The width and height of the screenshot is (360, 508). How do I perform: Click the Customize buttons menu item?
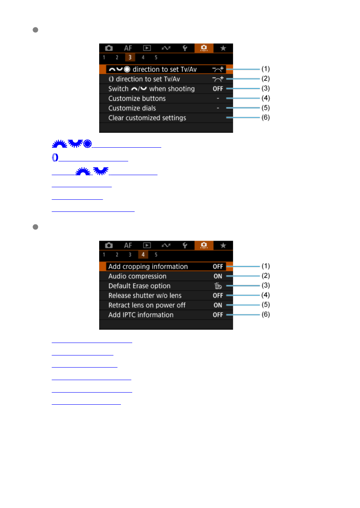tap(137, 98)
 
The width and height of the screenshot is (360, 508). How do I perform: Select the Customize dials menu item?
tap(132, 108)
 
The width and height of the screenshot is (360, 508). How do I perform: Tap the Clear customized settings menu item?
tap(147, 118)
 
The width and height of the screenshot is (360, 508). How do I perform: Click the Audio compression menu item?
tap(137, 276)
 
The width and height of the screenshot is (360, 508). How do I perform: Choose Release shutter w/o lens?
tap(145, 295)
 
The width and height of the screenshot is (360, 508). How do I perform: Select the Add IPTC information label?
tap(141, 315)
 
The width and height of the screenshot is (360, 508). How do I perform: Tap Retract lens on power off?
tap(147, 305)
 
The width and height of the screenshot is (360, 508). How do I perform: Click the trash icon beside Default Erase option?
tap(218, 286)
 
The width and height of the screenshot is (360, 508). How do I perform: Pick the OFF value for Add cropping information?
tap(218, 267)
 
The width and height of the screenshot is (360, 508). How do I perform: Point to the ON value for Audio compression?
tap(218, 276)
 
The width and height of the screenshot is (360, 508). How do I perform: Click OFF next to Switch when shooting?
tap(218, 89)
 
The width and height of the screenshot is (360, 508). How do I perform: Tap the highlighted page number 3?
tap(130, 57)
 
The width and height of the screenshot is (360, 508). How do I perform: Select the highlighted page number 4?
tap(143, 255)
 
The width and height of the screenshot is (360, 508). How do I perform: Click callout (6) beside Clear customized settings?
tap(266, 117)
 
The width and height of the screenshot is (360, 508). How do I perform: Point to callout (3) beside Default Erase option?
tap(266, 285)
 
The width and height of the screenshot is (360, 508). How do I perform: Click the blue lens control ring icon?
tap(55, 157)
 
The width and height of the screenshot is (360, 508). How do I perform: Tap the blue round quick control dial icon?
tap(87, 144)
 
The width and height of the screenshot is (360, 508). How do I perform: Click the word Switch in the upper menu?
tap(118, 89)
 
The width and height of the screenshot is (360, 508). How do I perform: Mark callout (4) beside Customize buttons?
tap(266, 98)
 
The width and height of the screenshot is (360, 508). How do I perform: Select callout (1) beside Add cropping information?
tap(266, 266)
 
